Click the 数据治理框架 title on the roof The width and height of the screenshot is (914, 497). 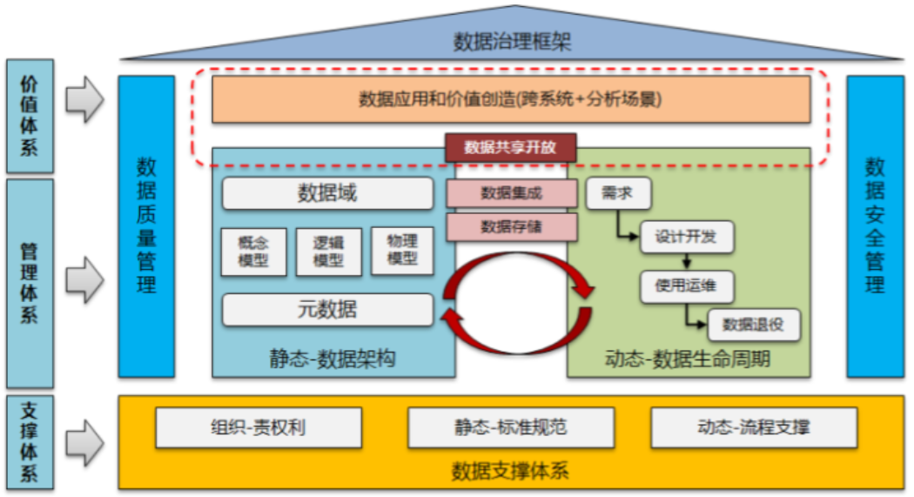click(x=512, y=40)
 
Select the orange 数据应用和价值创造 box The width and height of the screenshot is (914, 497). click(x=511, y=99)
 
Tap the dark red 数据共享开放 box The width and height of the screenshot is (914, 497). click(x=511, y=147)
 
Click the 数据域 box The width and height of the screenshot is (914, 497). click(x=327, y=193)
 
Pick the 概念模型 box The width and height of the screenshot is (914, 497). click(x=253, y=252)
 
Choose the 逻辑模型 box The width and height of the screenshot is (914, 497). click(x=328, y=252)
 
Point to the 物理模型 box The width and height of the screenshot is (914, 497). click(x=402, y=251)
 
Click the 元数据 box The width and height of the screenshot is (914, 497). click(x=327, y=309)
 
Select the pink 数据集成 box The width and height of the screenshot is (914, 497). click(x=511, y=193)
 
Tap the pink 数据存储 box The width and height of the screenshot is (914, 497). click(x=511, y=226)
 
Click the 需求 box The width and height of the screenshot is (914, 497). click(x=618, y=194)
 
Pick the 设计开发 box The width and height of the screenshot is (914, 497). click(x=687, y=237)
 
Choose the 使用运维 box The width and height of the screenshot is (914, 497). click(x=687, y=286)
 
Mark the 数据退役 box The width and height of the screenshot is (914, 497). click(x=754, y=325)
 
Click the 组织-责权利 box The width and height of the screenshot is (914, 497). click(x=258, y=427)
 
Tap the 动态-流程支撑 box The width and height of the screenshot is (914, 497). click(x=754, y=427)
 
